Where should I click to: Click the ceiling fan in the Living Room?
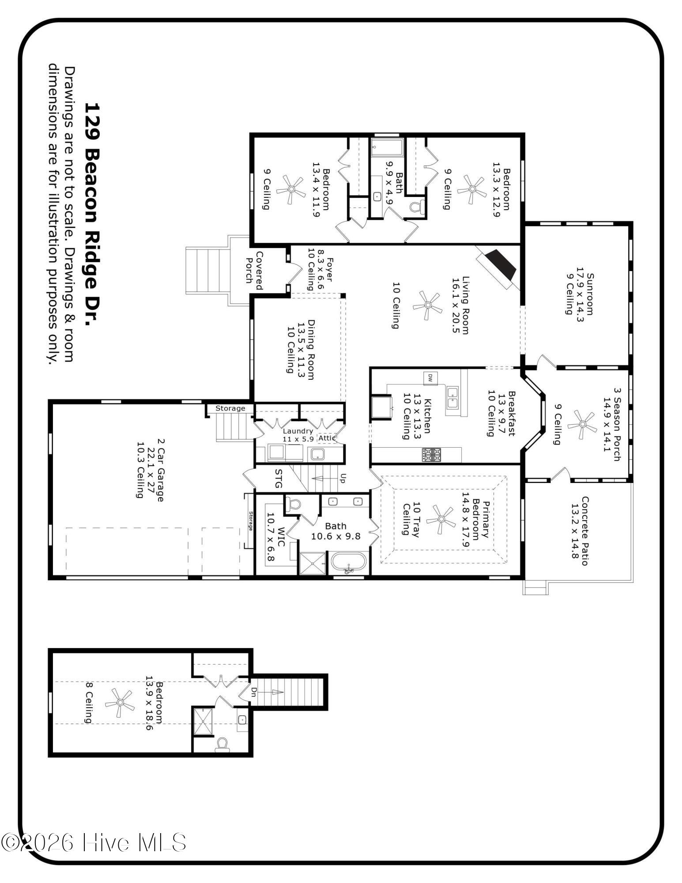pos(427,305)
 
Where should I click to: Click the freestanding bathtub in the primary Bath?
pos(349,563)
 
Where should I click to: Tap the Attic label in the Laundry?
pos(327,438)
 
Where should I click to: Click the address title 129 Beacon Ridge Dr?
pos(92,214)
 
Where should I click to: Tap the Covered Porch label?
pos(254,271)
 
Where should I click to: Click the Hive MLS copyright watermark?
pos(94,842)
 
